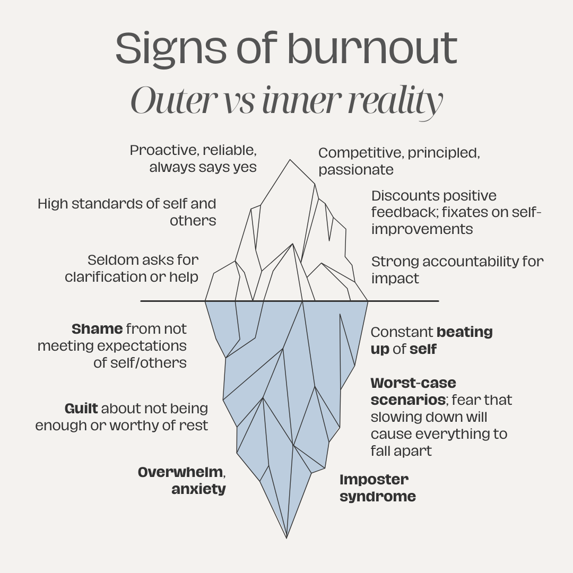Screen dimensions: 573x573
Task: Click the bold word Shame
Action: (x=97, y=329)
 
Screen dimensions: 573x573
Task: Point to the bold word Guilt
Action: (x=81, y=409)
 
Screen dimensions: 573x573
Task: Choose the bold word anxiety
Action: (x=198, y=489)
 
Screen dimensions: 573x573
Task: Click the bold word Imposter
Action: (x=374, y=480)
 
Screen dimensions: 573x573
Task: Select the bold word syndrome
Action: (x=377, y=497)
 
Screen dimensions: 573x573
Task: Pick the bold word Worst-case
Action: (x=413, y=383)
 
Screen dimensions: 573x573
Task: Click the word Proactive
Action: (x=163, y=150)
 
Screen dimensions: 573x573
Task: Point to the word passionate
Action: (x=355, y=170)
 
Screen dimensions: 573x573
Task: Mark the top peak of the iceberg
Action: (x=290, y=160)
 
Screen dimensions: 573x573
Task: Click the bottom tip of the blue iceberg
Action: (x=286, y=537)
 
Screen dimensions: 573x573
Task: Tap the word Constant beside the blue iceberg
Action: (x=402, y=332)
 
